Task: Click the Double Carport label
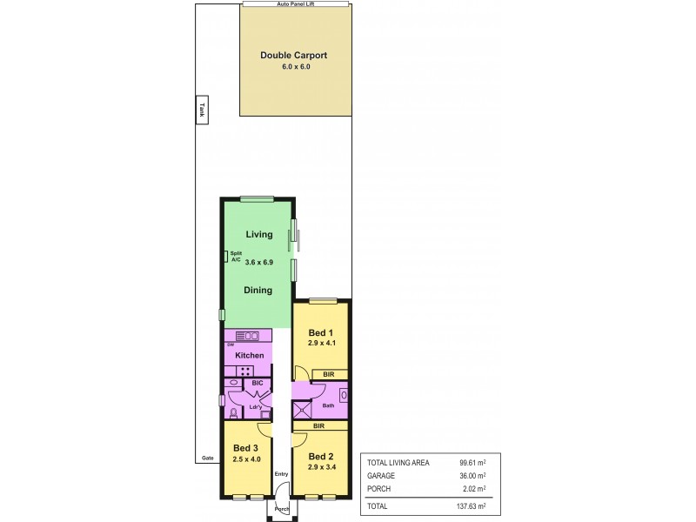coord(293,56)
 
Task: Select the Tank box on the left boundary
coord(200,110)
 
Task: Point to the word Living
coord(258,234)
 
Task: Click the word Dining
coord(258,290)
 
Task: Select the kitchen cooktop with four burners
coord(247,371)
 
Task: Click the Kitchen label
coord(249,355)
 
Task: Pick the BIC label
coord(258,383)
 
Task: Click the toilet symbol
coord(233,413)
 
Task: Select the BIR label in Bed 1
coord(328,375)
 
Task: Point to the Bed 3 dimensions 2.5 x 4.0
coord(247,459)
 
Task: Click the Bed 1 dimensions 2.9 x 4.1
coord(321,344)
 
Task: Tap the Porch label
coord(281,510)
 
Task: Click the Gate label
coord(207,457)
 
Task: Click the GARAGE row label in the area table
coord(382,476)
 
